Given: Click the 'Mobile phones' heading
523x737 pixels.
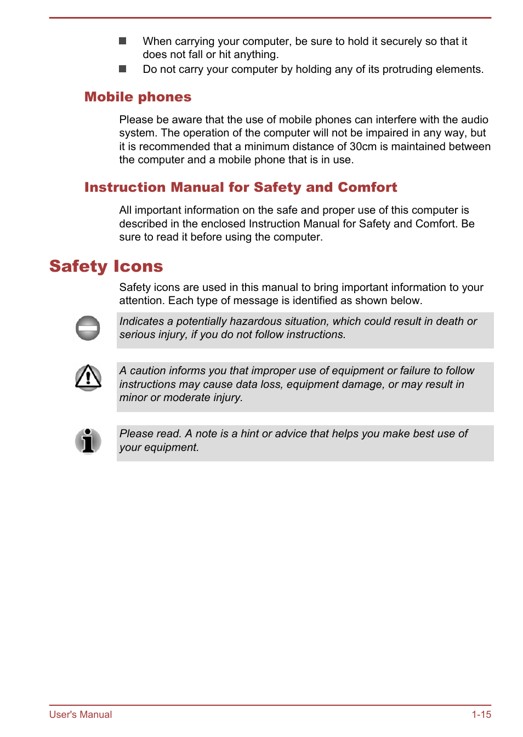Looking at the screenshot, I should click(x=138, y=97).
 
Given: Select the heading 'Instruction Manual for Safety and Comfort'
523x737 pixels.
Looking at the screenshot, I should click(x=240, y=187).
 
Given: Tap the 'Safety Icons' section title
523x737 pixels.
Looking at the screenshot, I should click(x=106, y=266).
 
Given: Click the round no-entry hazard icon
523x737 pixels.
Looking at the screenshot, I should click(x=88, y=328).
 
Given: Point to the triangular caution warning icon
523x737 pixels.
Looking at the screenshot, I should click(x=88, y=378).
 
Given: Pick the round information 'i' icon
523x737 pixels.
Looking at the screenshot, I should click(x=88, y=441).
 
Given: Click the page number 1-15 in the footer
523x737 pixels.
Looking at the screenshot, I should click(x=481, y=715).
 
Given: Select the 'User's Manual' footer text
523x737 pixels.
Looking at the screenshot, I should click(x=81, y=715).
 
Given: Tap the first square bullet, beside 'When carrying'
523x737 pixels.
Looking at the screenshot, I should click(x=123, y=41).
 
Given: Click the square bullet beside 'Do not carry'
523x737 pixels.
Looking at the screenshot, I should click(x=123, y=69).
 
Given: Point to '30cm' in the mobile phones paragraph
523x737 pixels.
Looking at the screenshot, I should click(x=363, y=146).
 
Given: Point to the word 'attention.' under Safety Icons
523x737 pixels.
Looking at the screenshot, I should click(x=142, y=300).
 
